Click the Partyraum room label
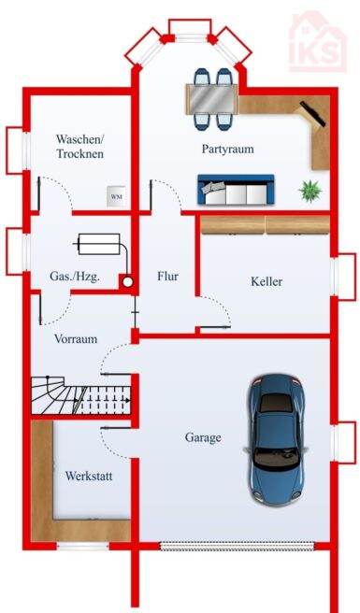pos(227,149)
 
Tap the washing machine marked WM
pos(117,196)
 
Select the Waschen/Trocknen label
pos(80,146)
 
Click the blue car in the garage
pos(276,439)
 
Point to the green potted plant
pos(310,192)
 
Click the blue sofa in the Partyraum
pos(236,190)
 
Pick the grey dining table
pos(212,99)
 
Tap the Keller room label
pos(266,281)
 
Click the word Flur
pos(168,277)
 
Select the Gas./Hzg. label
pos(75,277)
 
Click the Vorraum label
pos(76,338)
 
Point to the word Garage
pos(203,437)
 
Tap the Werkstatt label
pos(89,476)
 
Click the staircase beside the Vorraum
pos(80,395)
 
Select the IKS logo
pos(318,42)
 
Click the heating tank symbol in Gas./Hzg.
pos(99,244)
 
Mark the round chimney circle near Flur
pos(127,281)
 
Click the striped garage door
pos(238,546)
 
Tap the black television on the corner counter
pos(312,114)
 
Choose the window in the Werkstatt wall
pos(82,546)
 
